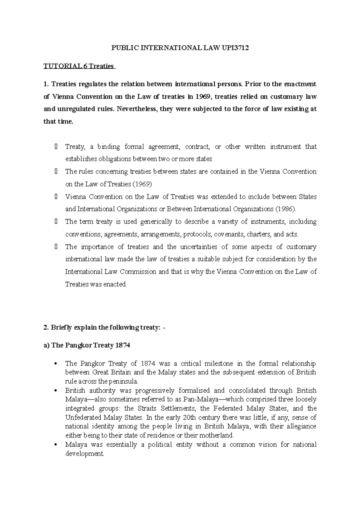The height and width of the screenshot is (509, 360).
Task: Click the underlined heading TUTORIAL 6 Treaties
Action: point(79,66)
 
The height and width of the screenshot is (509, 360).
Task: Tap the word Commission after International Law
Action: point(138,272)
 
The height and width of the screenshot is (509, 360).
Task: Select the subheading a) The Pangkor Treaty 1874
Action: point(87,345)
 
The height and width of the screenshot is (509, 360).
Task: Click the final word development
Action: point(84,454)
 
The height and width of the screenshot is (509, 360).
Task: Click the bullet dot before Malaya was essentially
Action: point(55,445)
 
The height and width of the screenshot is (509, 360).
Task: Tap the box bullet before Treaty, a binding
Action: point(56,147)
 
